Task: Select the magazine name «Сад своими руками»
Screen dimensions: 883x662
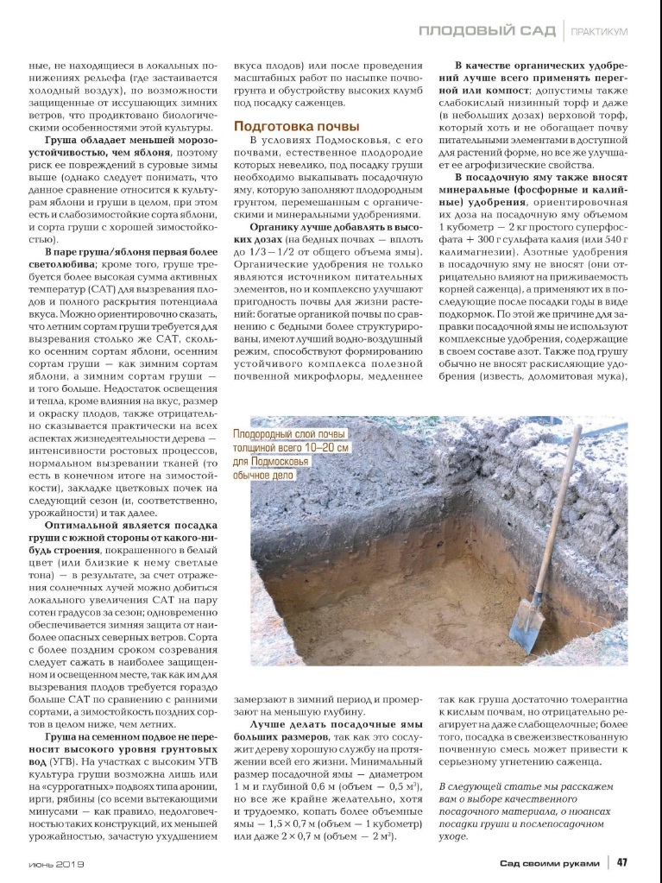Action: click(552, 861)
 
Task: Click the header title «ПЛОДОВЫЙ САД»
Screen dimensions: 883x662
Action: click(487, 32)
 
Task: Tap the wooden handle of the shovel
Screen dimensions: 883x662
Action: click(556, 510)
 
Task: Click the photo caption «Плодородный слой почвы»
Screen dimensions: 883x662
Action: click(290, 434)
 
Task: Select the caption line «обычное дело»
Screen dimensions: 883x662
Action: click(264, 476)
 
